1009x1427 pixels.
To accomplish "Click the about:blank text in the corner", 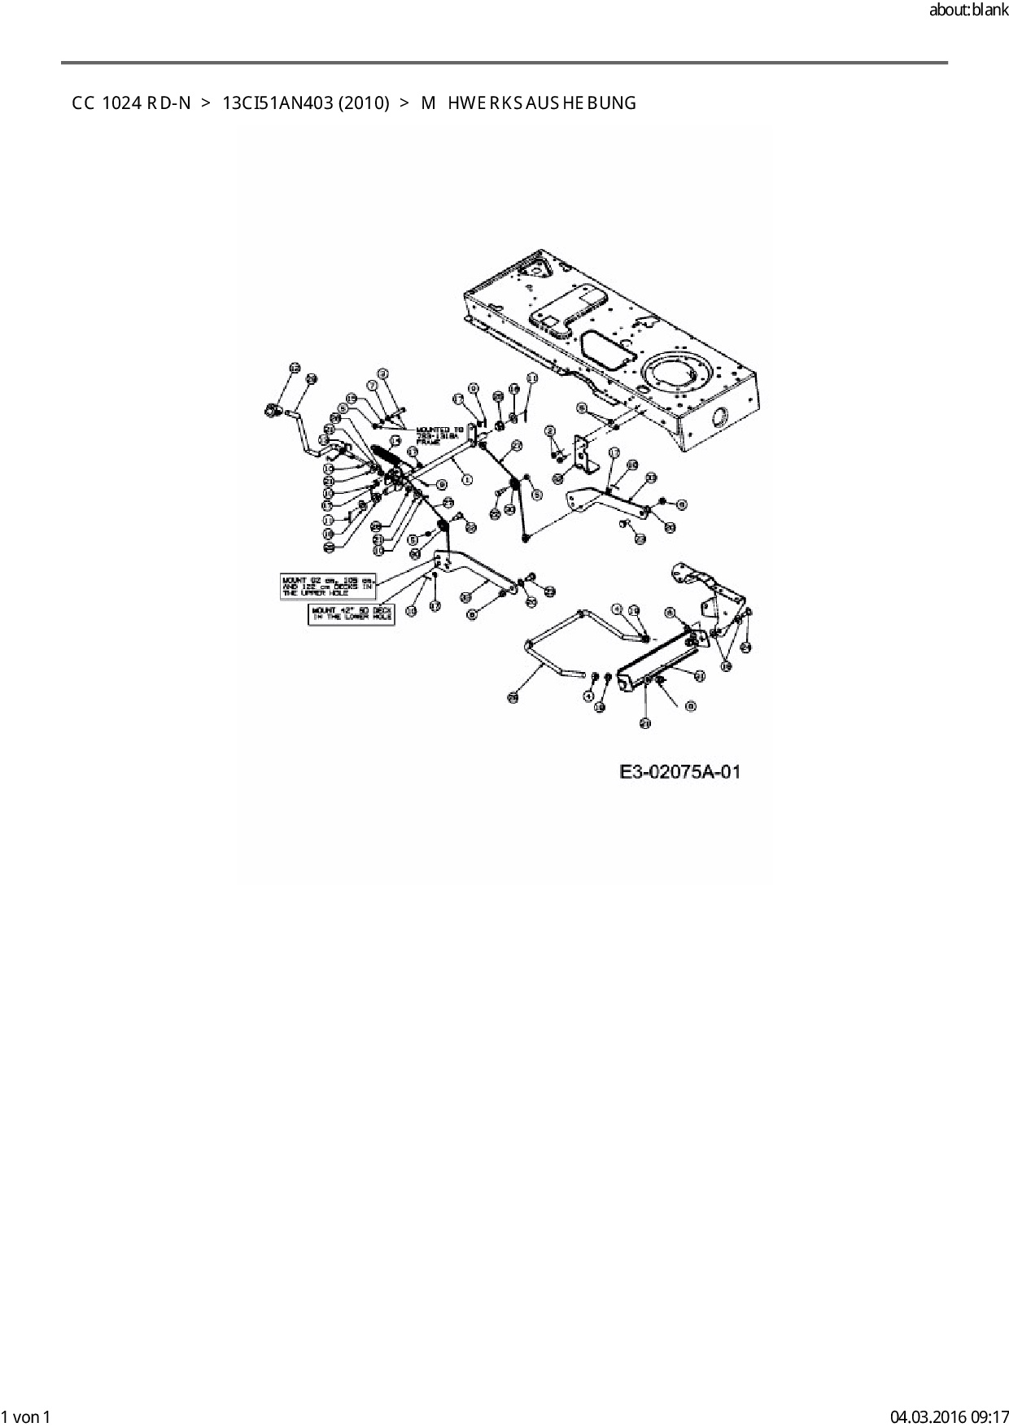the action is [x=968, y=11].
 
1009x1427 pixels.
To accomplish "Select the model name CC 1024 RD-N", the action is [x=131, y=103].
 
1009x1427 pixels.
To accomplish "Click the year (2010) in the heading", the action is [x=364, y=103].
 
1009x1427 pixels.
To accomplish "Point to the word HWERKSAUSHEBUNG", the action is [x=542, y=103].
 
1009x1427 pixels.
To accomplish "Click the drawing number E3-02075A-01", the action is [x=680, y=771].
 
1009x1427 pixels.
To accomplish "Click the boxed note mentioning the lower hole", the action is [x=351, y=613].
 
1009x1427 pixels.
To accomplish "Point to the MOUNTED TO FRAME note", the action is [x=439, y=435].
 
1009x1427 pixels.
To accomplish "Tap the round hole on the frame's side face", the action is [x=719, y=418].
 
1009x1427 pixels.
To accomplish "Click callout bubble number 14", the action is [x=395, y=441].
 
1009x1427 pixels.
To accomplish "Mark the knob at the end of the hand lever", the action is [x=270, y=411].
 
